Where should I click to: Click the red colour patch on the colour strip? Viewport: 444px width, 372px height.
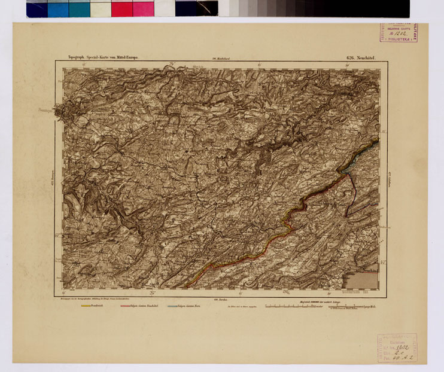click(x=121, y=8)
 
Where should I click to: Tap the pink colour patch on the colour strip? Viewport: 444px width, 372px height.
click(x=143, y=8)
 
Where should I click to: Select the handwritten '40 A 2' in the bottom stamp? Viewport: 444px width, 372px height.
click(x=401, y=357)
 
